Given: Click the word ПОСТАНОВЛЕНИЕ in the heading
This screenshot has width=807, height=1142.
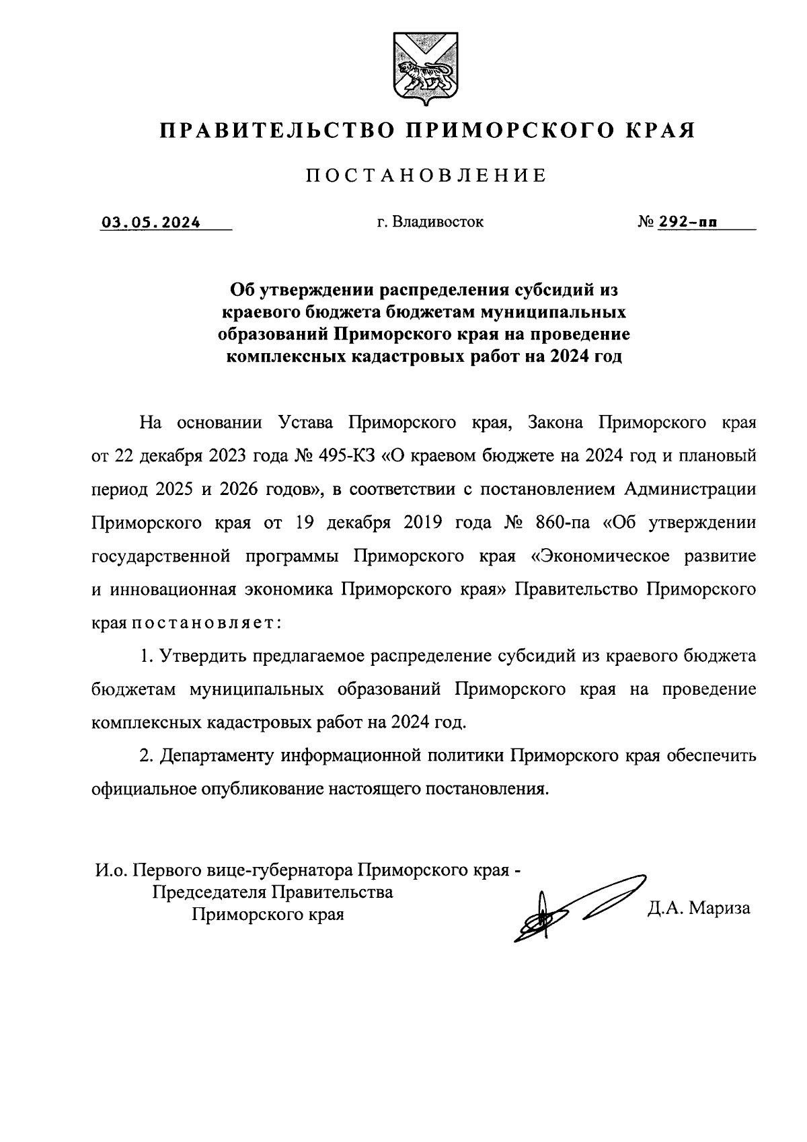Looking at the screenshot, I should click(x=426, y=176).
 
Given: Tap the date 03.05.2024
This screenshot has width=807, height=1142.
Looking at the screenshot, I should click(x=151, y=221).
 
